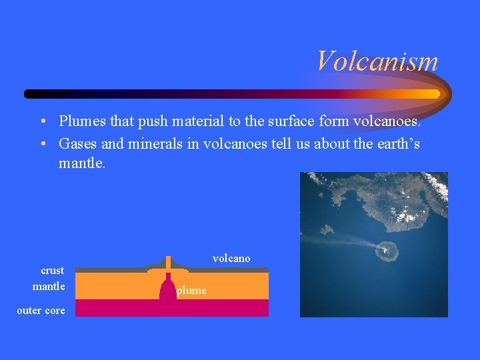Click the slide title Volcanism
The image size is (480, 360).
[377, 61]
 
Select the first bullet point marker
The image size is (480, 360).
[42, 122]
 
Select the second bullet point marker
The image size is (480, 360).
[42, 143]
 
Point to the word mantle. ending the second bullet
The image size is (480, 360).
[82, 162]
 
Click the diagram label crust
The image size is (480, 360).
[53, 270]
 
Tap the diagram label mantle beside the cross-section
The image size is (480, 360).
[49, 286]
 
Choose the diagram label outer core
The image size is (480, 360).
[41, 310]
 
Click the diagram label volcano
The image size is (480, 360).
[231, 258]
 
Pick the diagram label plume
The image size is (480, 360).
[191, 291]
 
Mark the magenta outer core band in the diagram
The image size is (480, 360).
[220, 307]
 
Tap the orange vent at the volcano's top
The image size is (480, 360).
[168, 261]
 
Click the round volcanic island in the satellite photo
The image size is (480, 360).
[386, 251]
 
